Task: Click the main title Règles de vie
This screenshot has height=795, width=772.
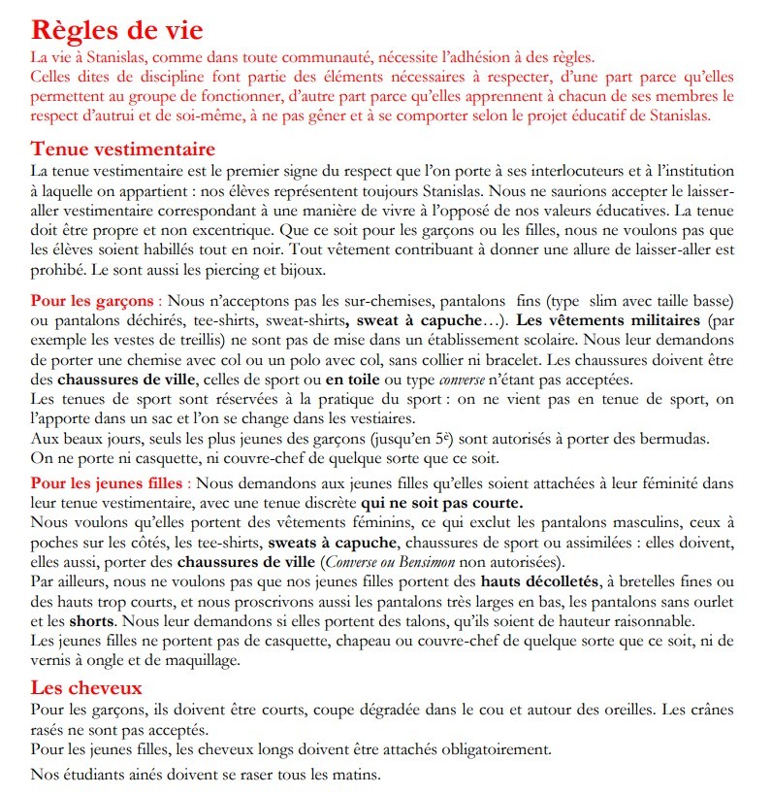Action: click(117, 29)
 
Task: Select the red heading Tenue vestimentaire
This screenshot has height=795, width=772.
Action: click(123, 149)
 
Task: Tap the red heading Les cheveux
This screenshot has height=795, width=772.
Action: click(87, 687)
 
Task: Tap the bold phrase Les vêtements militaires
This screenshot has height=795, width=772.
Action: click(608, 319)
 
